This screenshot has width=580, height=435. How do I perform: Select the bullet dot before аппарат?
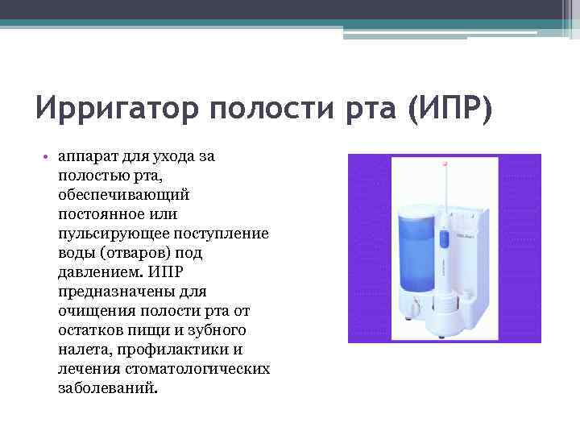(x=48, y=156)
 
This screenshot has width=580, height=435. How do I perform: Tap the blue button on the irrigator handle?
(x=443, y=238)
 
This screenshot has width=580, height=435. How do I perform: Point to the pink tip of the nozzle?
(x=445, y=165)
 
